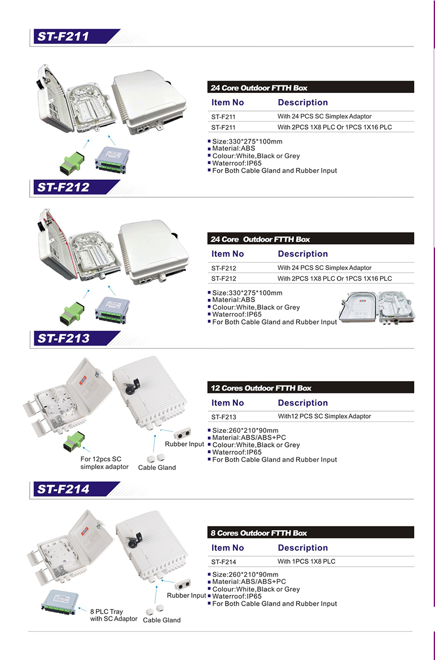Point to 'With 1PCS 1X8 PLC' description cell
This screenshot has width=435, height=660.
coord(306,562)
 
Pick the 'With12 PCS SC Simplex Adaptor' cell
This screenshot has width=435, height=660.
coord(324,416)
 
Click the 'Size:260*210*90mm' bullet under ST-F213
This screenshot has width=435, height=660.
coord(245,430)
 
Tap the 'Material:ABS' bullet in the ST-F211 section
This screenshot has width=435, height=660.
coord(233,148)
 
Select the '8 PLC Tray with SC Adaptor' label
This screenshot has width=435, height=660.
coord(113,615)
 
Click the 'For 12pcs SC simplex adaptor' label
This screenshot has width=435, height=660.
coord(104,463)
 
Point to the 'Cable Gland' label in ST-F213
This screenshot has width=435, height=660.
coord(157,468)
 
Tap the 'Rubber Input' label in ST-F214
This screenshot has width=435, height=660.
coord(186,596)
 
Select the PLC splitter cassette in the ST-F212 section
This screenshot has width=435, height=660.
coord(112,310)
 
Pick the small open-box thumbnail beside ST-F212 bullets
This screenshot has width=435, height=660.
coord(377,307)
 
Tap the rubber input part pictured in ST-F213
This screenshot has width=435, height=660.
coord(182,433)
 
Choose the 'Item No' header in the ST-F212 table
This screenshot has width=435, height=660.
coord(227,254)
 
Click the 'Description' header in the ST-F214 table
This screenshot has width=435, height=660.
coord(303,548)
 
